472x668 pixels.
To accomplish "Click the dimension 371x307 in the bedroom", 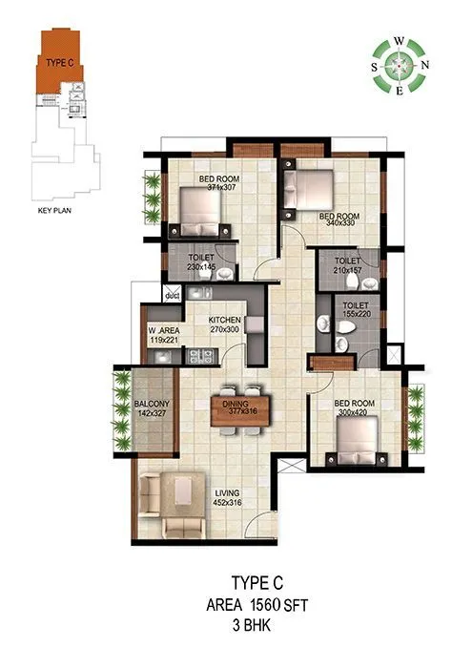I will [220, 187].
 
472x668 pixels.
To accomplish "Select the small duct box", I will [173, 297].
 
